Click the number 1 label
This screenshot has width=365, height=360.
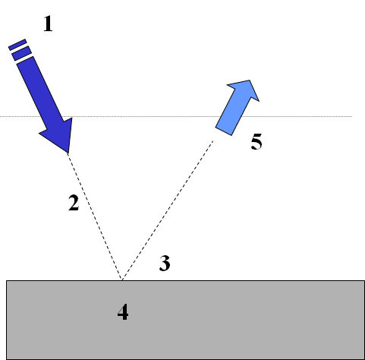pyautogui.click(x=48, y=24)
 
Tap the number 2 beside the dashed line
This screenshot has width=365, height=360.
pyautogui.click(x=74, y=203)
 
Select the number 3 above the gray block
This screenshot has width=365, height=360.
pyautogui.click(x=165, y=264)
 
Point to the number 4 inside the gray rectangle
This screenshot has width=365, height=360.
pyautogui.click(x=123, y=312)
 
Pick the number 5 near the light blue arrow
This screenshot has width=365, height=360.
pyautogui.click(x=256, y=141)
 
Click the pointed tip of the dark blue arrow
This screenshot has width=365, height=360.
pyautogui.click(x=68, y=153)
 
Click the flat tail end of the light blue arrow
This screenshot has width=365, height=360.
pyautogui.click(x=223, y=131)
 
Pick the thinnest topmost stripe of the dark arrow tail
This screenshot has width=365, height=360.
pyautogui.click(x=17, y=45)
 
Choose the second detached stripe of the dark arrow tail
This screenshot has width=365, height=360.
pyautogui.click(x=22, y=53)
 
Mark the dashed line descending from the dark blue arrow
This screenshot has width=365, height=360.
pyautogui.click(x=95, y=216)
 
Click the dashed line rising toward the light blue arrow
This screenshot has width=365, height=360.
pyautogui.click(x=168, y=210)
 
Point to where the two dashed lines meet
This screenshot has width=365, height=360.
pyautogui.click(x=122, y=280)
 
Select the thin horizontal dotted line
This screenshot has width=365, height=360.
pyautogui.click(x=176, y=116)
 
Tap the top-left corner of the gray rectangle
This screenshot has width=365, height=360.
pyautogui.click(x=6, y=280)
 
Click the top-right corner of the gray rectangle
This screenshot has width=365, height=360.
pyautogui.click(x=364, y=280)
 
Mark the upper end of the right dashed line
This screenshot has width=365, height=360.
pyautogui.click(x=213, y=141)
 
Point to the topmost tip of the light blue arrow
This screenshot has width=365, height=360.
pyautogui.click(x=250, y=80)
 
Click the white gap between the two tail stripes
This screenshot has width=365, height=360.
pyautogui.click(x=20, y=49)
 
